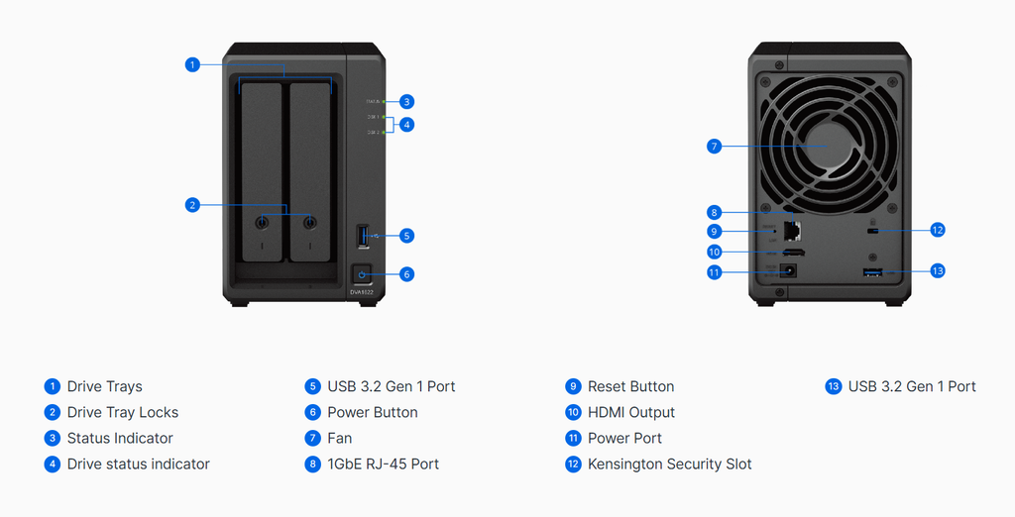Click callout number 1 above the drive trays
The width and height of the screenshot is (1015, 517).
[x=192, y=64]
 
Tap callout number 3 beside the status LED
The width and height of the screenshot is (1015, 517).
[x=406, y=101]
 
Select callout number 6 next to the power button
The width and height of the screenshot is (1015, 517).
[x=406, y=273]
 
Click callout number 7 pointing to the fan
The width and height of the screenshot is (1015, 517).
[x=714, y=147]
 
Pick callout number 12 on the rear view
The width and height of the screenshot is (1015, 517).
[x=938, y=230]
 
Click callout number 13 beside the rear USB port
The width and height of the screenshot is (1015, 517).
[x=938, y=270]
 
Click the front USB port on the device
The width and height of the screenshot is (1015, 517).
[x=363, y=236]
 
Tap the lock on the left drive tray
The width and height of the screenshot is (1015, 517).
[x=263, y=223]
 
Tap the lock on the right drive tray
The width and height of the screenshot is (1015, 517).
[x=310, y=223]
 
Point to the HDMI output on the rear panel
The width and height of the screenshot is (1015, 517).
[x=794, y=253]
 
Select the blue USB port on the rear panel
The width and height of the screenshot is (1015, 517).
[x=872, y=271]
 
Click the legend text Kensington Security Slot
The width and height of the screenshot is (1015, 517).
[x=669, y=464]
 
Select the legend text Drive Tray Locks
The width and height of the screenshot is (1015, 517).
[x=123, y=412]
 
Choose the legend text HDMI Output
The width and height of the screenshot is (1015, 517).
[x=630, y=412]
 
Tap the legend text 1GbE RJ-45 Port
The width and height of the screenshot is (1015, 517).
[x=383, y=464]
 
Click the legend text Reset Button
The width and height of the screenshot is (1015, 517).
[x=630, y=386]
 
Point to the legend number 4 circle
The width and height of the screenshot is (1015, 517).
[x=53, y=464]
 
